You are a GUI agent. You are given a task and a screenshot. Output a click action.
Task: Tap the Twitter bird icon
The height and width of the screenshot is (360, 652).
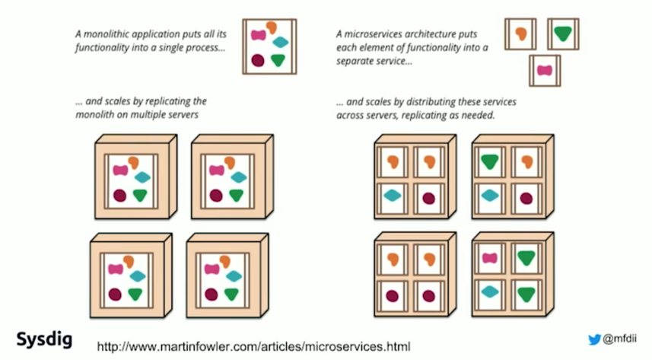click(x=594, y=339)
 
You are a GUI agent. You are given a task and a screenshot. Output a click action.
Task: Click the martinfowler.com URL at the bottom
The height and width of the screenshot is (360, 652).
click(x=253, y=347)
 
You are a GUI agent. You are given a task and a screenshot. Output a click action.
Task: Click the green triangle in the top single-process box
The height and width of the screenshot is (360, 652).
click(x=279, y=60)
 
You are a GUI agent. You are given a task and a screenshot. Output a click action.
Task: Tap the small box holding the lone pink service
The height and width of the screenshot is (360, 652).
click(x=544, y=71)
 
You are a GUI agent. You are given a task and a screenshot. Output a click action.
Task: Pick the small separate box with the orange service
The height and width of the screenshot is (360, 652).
click(x=521, y=34)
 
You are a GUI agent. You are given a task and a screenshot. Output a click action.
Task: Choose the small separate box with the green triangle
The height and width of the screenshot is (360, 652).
click(x=562, y=34)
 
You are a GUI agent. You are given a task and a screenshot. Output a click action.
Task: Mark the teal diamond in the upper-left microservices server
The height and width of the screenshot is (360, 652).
click(x=393, y=196)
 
